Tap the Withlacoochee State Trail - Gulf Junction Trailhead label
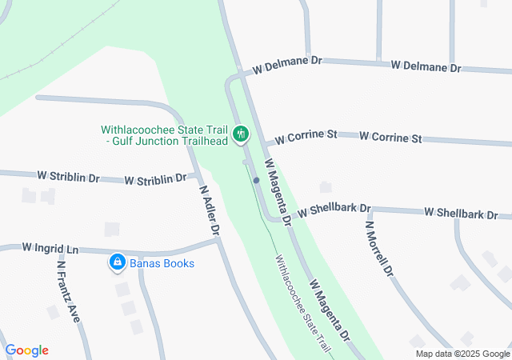tap(165, 135)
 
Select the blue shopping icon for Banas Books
tap(117, 262)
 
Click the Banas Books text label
tap(162, 262)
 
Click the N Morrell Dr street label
tap(379, 249)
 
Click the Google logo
tap(27, 350)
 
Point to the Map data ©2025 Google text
tap(462, 354)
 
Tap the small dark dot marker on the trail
tap(256, 181)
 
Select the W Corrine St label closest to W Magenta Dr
tap(305, 138)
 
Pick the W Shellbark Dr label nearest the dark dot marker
tap(334, 211)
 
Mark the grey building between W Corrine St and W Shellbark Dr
tap(325, 187)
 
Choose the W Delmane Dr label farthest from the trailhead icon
tap(426, 67)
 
